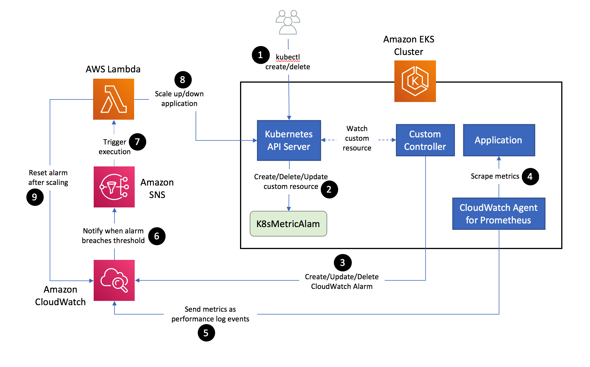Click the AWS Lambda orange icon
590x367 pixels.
pos(113,99)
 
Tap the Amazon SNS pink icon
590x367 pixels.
pos(114,187)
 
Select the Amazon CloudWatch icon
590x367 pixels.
pos(114,280)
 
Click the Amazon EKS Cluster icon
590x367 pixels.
pos(415,81)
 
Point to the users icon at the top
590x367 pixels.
pos(288,22)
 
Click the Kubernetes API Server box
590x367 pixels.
pos(289,140)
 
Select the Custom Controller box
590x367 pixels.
pos(425,140)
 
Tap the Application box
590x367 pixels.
pos(499,140)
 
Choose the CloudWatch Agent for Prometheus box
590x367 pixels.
pos(499,214)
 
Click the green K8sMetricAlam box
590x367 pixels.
pos(288,224)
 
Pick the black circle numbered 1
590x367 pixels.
pos(260,55)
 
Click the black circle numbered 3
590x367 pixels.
pos(343,262)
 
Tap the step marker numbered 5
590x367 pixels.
pos(206,333)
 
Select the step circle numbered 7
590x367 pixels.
pos(137,142)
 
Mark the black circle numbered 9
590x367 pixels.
pos(35,197)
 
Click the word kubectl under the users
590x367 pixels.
pos(288,57)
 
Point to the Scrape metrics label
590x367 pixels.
pos(495,176)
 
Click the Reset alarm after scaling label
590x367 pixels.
pos(48,178)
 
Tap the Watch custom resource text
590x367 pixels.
pos(357,138)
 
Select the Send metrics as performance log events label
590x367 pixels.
pos(210,314)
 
